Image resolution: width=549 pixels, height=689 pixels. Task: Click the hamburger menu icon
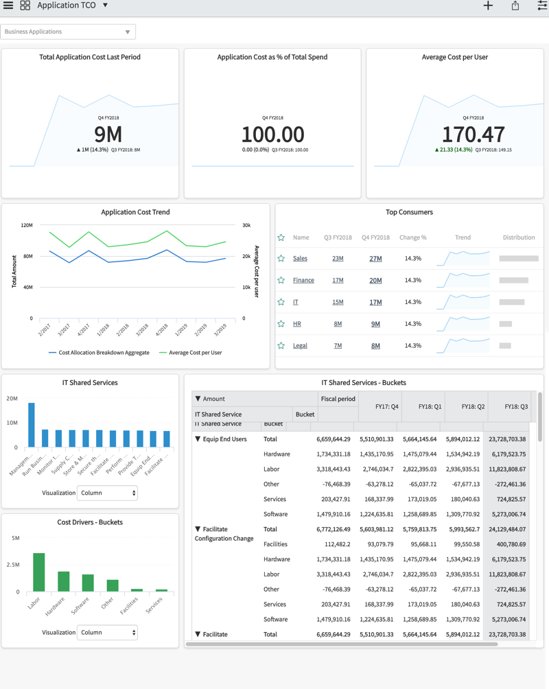pyautogui.click(x=8, y=5)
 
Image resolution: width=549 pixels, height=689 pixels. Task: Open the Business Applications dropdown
pyautogui.click(x=68, y=32)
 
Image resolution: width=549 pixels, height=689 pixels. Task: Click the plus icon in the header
pyautogui.click(x=488, y=5)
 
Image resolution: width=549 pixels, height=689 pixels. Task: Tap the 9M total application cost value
pyautogui.click(x=108, y=134)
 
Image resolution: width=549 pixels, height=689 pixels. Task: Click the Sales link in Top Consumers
pyautogui.click(x=300, y=259)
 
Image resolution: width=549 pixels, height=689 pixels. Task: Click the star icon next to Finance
pyautogui.click(x=281, y=280)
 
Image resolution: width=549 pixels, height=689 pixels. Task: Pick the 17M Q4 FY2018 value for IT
pyautogui.click(x=375, y=302)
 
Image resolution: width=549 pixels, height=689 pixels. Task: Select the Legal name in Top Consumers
pyautogui.click(x=300, y=346)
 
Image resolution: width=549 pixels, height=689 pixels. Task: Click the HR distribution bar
pyautogui.click(x=506, y=324)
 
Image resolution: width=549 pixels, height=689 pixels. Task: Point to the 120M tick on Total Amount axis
pyautogui.click(x=27, y=225)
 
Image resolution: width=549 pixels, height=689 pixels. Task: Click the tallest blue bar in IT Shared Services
pyautogui.click(x=31, y=425)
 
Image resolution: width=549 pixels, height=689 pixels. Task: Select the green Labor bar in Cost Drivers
pyautogui.click(x=39, y=572)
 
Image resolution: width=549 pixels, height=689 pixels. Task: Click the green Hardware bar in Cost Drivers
pyautogui.click(x=63, y=581)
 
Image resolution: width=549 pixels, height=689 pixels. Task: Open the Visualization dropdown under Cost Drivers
pyautogui.click(x=106, y=633)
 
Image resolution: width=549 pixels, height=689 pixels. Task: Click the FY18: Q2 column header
pyautogui.click(x=466, y=406)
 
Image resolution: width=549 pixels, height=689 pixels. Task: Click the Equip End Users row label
pyautogui.click(x=224, y=439)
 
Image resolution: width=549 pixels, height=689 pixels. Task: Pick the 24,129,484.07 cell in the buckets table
pyautogui.click(x=506, y=529)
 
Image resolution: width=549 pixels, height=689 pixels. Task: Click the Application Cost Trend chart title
pyautogui.click(x=135, y=212)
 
